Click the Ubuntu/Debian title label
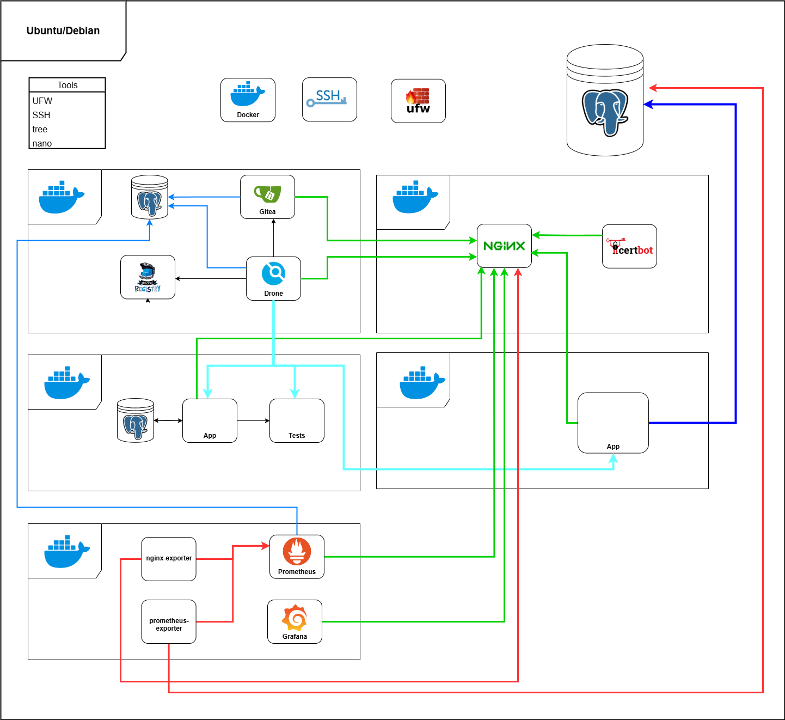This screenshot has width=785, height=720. click(x=63, y=30)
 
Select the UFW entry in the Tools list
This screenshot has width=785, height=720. click(x=42, y=101)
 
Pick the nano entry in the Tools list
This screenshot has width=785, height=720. click(x=42, y=143)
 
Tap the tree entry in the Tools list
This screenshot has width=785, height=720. click(x=40, y=129)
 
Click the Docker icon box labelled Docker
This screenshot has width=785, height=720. click(x=248, y=100)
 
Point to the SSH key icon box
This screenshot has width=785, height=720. click(x=329, y=99)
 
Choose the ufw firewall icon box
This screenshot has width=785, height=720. click(x=418, y=101)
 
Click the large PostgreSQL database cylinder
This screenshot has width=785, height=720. click(x=605, y=101)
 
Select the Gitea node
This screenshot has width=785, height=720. click(x=267, y=197)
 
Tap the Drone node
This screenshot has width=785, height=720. click(x=273, y=278)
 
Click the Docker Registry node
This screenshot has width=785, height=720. click(x=148, y=277)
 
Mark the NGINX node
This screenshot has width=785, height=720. click(x=504, y=246)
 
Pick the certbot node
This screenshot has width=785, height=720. click(x=629, y=246)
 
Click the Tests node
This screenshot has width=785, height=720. click(x=297, y=420)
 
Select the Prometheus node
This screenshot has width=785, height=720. click(x=297, y=556)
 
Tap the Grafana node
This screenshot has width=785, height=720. click(x=295, y=621)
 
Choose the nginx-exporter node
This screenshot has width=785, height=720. click(x=169, y=559)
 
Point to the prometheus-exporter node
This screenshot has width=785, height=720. click(x=169, y=621)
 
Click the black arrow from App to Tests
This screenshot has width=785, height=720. click(x=253, y=420)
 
